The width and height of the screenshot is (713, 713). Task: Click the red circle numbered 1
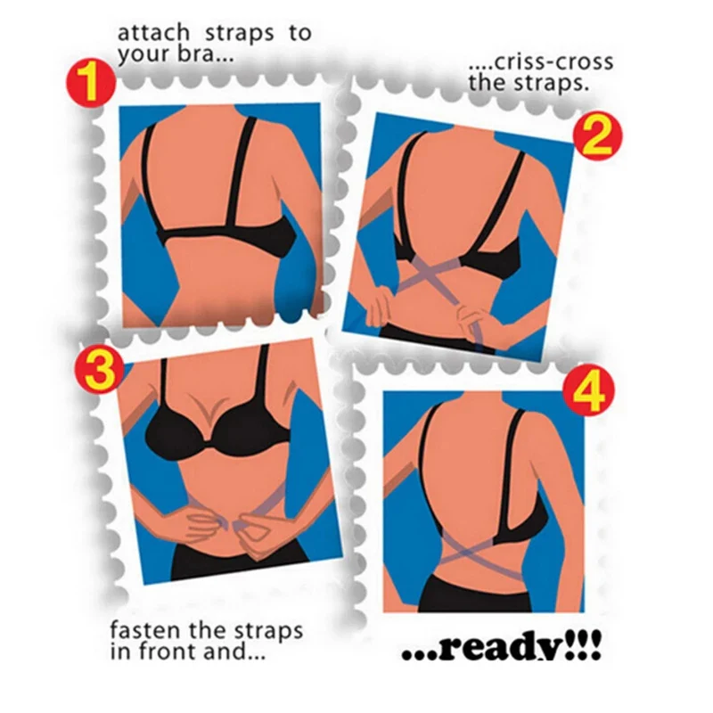(x=89, y=84)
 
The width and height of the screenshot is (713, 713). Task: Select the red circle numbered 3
(x=101, y=370)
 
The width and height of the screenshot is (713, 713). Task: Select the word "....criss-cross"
(x=540, y=62)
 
